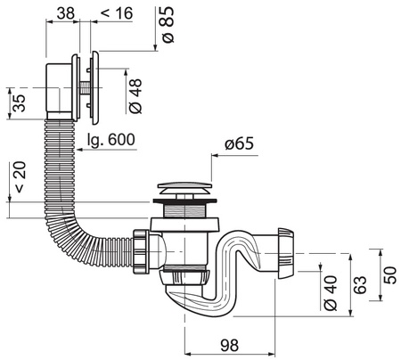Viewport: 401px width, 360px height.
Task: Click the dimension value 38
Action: pos(66,13)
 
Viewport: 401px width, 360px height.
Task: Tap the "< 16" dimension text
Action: pos(117,13)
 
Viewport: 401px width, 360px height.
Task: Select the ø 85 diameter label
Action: pos(168,24)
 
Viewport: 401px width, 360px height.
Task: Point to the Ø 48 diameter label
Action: pos(136,96)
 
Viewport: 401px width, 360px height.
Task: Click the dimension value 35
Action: pos(20,102)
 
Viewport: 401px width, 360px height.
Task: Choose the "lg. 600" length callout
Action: pos(111,140)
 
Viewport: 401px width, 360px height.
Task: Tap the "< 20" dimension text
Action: pos(20,177)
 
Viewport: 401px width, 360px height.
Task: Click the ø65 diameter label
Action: pos(240,143)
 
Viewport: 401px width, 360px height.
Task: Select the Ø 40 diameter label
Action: pos(331,293)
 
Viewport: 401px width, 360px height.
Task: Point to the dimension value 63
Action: pos(361,285)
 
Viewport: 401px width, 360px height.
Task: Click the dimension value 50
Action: pos(390,275)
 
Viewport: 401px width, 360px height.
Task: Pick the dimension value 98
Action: pos(230,346)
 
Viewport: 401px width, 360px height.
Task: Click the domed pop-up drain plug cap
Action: pos(184,187)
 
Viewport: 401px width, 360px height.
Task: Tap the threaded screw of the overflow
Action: pos(85,88)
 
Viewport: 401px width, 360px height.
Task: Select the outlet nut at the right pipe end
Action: pos(286,253)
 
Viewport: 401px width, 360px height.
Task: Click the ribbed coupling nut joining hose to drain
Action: pos(140,251)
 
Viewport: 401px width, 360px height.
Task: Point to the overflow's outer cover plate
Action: pos(95,88)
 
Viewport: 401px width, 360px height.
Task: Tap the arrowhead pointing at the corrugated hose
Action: pos(80,150)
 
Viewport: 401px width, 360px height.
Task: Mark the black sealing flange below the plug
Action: pos(184,201)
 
